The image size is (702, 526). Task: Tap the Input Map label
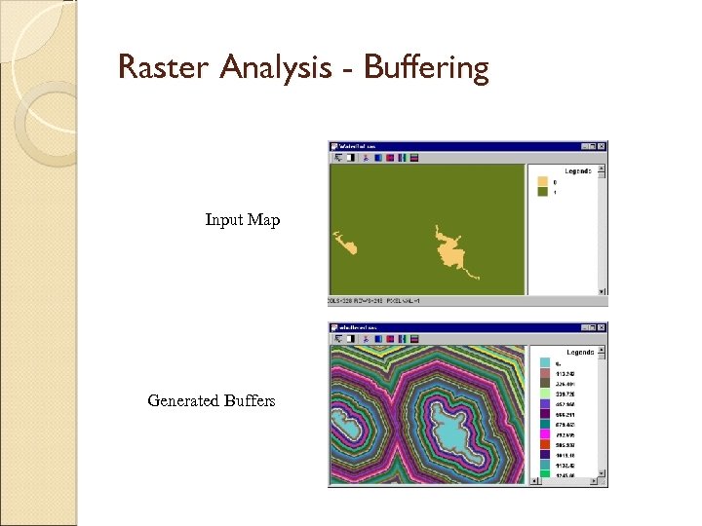pyautogui.click(x=242, y=220)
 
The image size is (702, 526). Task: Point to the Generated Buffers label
pyautogui.click(x=211, y=400)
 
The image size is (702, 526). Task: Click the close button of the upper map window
pyautogui.click(x=603, y=146)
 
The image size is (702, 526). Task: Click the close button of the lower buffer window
pyautogui.click(x=603, y=328)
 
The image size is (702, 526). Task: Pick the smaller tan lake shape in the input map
pyautogui.click(x=345, y=244)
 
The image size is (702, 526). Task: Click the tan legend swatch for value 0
pyautogui.click(x=543, y=182)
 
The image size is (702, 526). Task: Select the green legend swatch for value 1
pyautogui.click(x=543, y=193)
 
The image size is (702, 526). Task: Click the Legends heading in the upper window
pyautogui.click(x=578, y=171)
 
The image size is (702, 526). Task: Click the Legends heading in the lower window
pyautogui.click(x=578, y=352)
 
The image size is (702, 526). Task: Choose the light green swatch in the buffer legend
pyautogui.click(x=544, y=387)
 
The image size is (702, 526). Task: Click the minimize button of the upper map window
pyautogui.click(x=584, y=146)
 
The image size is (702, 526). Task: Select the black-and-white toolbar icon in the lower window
pyautogui.click(x=351, y=339)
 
